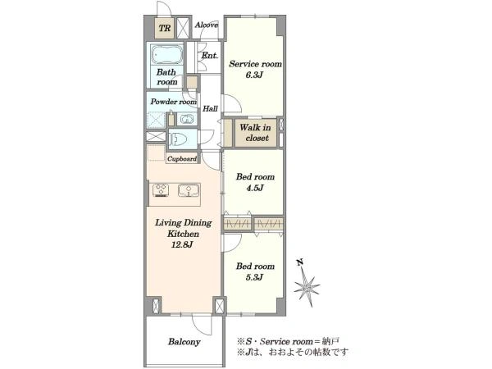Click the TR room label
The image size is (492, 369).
[165, 28]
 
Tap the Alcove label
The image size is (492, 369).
[207, 25]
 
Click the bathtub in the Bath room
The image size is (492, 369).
[166, 55]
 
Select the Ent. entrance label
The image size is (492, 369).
[210, 56]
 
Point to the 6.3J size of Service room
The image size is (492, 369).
[254, 75]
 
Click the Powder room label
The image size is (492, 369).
[174, 102]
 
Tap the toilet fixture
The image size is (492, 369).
[178, 138]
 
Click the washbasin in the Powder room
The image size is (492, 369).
[187, 120]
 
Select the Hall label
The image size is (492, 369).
[210, 109]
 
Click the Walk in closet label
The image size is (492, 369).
[256, 132]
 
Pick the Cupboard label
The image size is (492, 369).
[182, 159]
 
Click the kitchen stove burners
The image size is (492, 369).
[162, 190]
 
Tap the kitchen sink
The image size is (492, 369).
[189, 190]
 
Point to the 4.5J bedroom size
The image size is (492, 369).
[254, 188]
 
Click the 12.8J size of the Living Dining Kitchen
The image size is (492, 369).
[182, 244]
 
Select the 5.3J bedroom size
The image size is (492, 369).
[254, 277]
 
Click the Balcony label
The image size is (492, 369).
[184, 341]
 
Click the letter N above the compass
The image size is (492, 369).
[300, 262]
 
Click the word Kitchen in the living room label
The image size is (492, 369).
[183, 234]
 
